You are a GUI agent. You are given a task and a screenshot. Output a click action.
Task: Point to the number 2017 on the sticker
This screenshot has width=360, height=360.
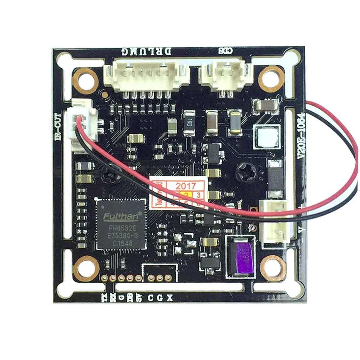pos(185,186)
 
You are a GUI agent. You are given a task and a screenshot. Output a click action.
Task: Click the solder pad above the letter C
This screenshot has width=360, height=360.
pos(151,278)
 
